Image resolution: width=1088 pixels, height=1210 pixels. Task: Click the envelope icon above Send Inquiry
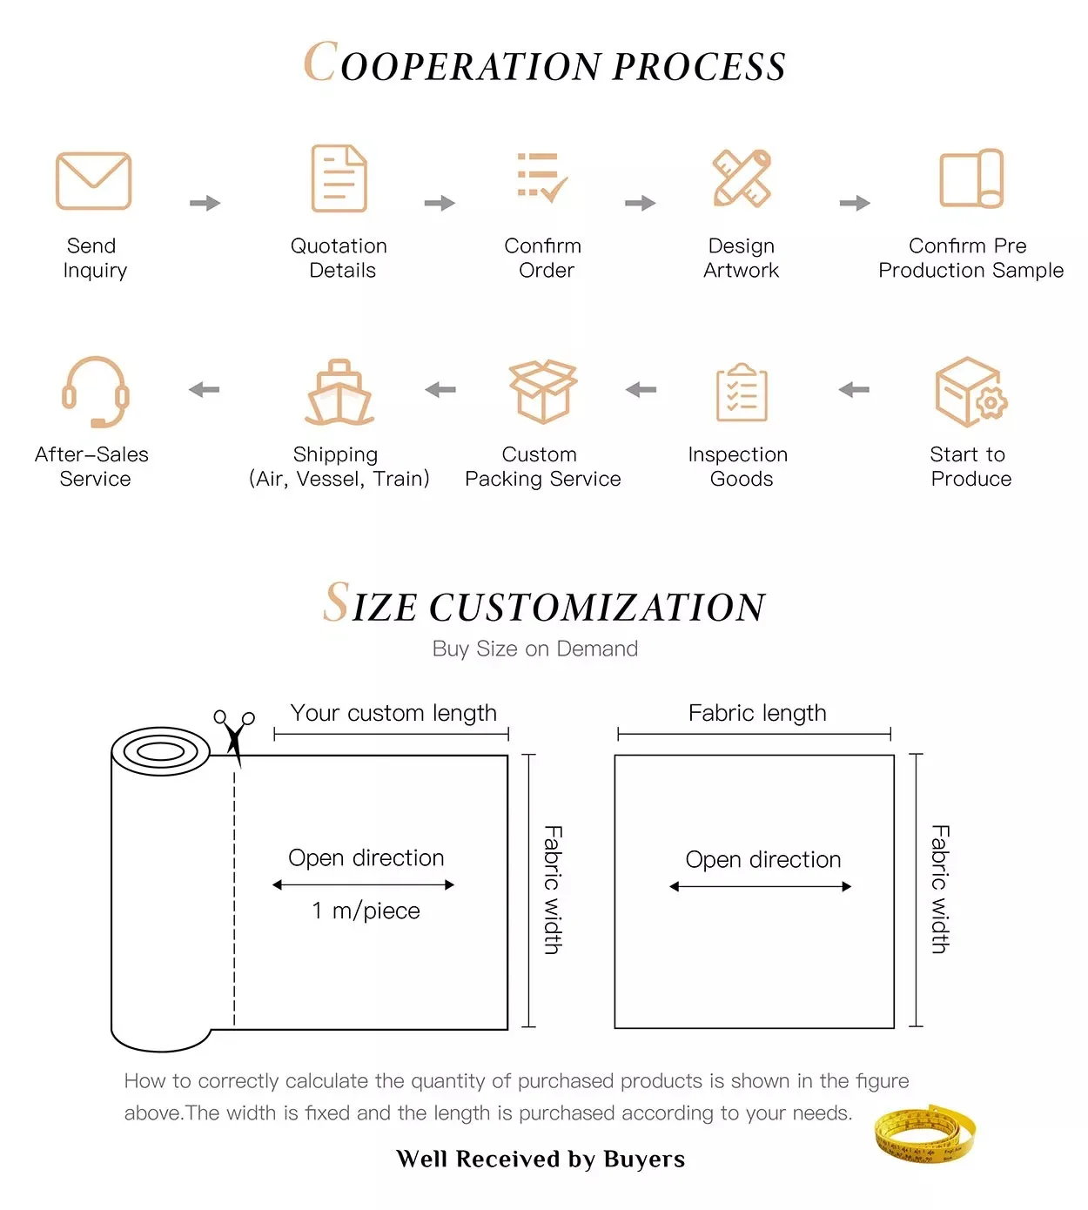click(93, 181)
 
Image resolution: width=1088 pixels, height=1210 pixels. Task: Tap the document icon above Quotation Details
click(339, 178)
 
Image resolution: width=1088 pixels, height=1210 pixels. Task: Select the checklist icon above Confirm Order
click(541, 178)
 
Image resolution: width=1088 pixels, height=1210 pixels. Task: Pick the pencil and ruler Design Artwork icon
click(742, 178)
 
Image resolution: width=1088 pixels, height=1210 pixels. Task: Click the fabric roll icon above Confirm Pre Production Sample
click(971, 178)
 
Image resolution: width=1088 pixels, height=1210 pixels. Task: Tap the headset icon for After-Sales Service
click(95, 392)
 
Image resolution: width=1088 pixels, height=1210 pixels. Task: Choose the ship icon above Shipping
click(339, 393)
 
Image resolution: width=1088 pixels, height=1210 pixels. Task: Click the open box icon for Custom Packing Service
click(543, 391)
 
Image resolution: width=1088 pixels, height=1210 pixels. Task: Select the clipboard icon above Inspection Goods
click(742, 393)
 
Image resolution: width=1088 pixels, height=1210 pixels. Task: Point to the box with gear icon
click(970, 392)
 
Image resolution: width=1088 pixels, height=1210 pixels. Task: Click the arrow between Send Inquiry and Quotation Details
click(205, 204)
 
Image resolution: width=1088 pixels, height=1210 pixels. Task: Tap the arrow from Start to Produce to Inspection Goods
click(854, 390)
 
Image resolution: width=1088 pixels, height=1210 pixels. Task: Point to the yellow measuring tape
click(924, 1134)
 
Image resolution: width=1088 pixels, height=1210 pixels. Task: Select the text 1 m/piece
click(366, 911)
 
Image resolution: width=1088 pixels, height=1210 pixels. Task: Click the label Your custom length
click(393, 713)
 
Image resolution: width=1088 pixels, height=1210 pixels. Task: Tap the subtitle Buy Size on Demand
click(535, 649)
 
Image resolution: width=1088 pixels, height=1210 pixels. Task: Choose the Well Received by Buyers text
click(541, 1159)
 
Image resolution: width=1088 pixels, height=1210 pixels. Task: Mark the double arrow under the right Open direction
click(760, 887)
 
